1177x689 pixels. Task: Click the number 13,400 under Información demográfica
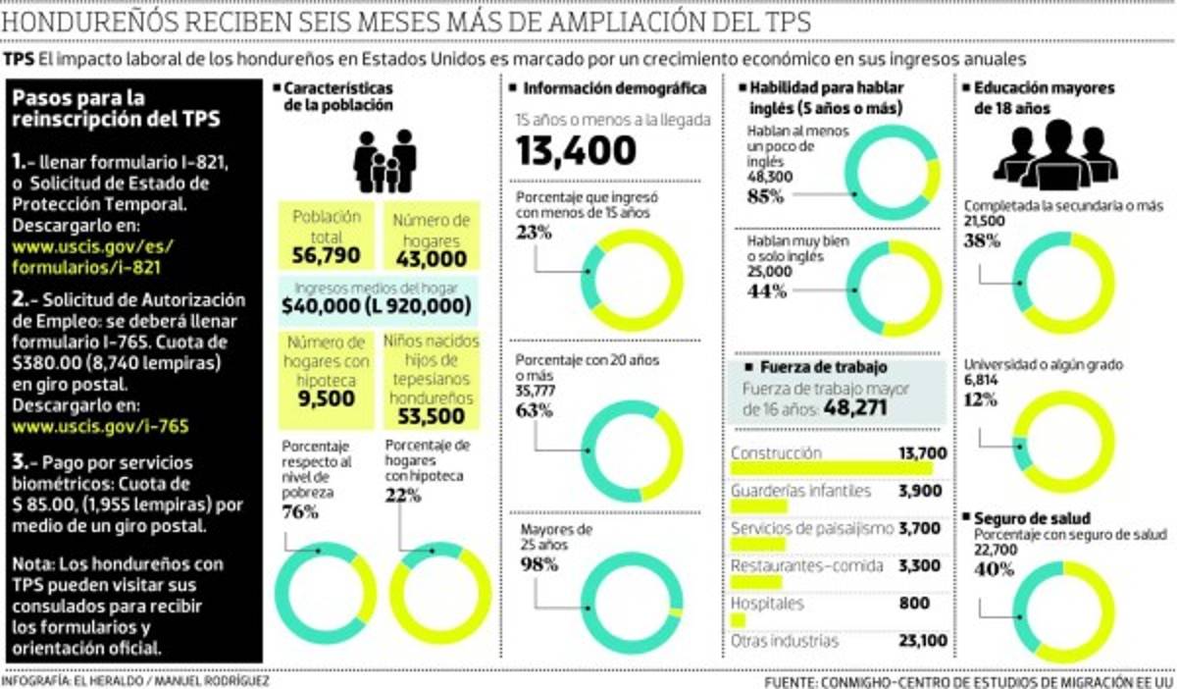pos(577,152)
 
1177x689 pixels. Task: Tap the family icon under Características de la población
pos(385,161)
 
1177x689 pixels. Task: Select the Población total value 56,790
pos(327,256)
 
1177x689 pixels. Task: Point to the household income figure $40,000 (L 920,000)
pos(376,306)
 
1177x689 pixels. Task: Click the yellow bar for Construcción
pos(810,469)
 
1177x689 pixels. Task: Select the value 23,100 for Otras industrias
pos(922,642)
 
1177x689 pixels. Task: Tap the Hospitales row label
pos(767,603)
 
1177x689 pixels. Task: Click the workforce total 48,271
pos(862,407)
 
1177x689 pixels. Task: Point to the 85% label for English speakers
pos(766,196)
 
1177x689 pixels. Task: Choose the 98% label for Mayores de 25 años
pos(538,564)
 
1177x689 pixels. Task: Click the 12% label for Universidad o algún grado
pos(981,399)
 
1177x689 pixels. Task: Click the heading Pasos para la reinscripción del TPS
pos(116,108)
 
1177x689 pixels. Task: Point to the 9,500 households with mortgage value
pos(327,398)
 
